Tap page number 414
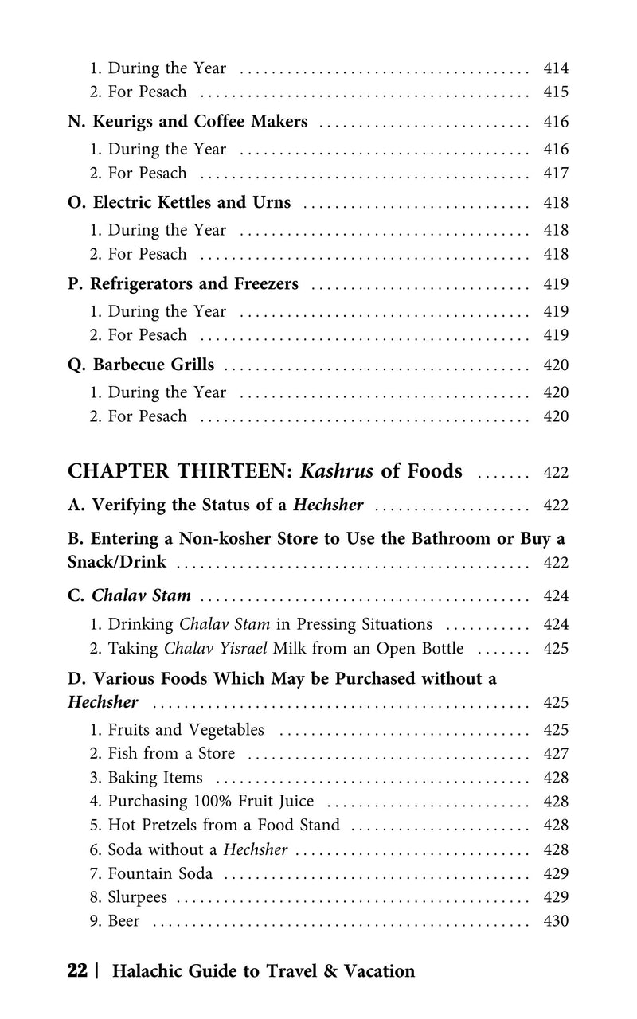click(x=555, y=68)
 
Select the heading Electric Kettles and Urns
click(x=180, y=203)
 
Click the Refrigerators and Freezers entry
click(x=183, y=284)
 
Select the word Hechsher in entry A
click(x=329, y=505)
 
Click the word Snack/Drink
click(x=117, y=562)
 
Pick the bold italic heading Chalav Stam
click(x=141, y=595)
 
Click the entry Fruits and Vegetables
click(x=185, y=730)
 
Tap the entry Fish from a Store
click(x=170, y=754)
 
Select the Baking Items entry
click(x=154, y=778)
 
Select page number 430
click(x=555, y=921)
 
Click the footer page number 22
click(x=77, y=971)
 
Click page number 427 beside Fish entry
click(x=555, y=754)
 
